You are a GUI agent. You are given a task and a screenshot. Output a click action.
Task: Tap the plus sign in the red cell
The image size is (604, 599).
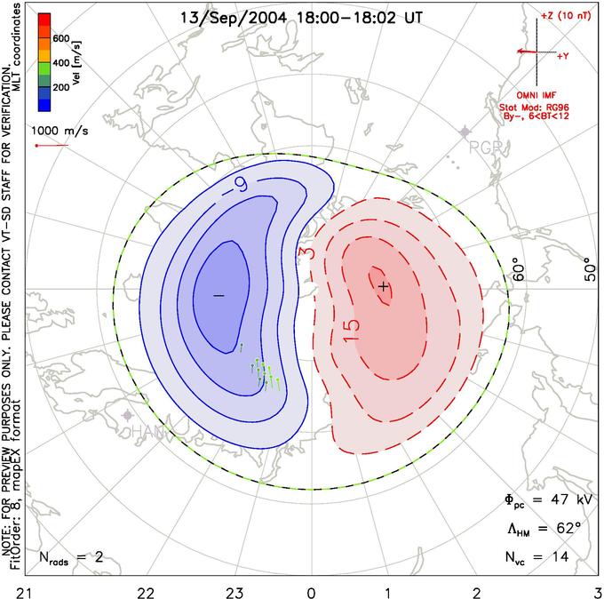pyautogui.click(x=383, y=286)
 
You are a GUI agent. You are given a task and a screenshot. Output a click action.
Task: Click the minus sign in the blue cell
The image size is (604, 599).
pyautogui.click(x=219, y=294)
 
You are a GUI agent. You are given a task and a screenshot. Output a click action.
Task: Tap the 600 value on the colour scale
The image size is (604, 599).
pyautogui.click(x=60, y=38)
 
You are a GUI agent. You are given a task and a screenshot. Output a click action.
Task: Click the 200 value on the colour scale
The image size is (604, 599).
pyautogui.click(x=60, y=89)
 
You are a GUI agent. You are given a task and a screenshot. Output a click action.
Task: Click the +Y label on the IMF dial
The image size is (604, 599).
pyautogui.click(x=563, y=56)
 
